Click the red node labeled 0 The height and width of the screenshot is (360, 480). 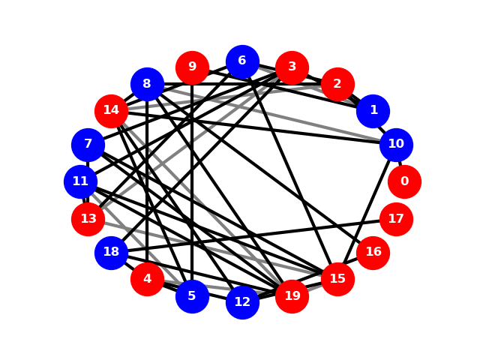[404, 181]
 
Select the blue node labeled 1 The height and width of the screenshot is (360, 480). [373, 111]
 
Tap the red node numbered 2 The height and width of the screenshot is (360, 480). [337, 84]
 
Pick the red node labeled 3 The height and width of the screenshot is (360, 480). [292, 67]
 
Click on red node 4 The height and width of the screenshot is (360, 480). [147, 279]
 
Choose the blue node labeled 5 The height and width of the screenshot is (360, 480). [192, 296]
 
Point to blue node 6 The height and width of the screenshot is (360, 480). [242, 61]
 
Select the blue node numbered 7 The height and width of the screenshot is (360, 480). [88, 145]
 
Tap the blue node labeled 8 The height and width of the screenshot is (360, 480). [147, 84]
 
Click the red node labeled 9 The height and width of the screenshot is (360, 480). [192, 67]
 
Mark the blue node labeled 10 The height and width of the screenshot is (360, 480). [396, 145]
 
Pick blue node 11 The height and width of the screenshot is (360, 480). [80, 181]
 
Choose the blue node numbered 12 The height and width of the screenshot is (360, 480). [242, 302]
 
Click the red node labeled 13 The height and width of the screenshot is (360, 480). [88, 219]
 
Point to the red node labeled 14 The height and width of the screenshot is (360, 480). [111, 111]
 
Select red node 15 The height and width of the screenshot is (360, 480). [337, 279]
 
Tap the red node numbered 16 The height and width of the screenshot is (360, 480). [373, 253]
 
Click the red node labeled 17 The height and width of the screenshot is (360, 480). [396, 219]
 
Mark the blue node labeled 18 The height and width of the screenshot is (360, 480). [111, 253]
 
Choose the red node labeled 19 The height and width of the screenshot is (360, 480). [292, 296]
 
